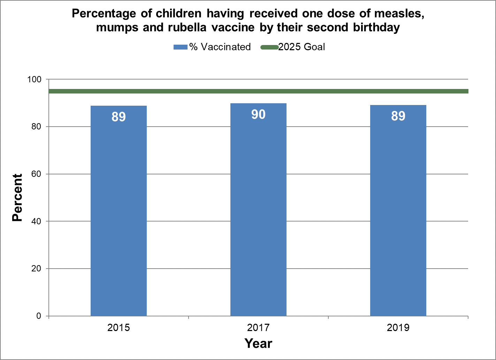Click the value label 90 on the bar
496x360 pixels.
click(258, 114)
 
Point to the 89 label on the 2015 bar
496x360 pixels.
click(119, 117)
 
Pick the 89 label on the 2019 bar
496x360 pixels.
click(398, 116)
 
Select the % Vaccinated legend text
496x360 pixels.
click(220, 47)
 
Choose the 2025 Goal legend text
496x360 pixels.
click(302, 47)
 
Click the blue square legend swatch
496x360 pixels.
click(181, 47)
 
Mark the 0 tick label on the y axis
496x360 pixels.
click(39, 316)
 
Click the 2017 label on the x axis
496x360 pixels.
click(258, 328)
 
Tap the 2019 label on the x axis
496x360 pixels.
click(398, 328)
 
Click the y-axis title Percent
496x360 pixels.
click(17, 198)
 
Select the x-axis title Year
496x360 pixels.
click(258, 344)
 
